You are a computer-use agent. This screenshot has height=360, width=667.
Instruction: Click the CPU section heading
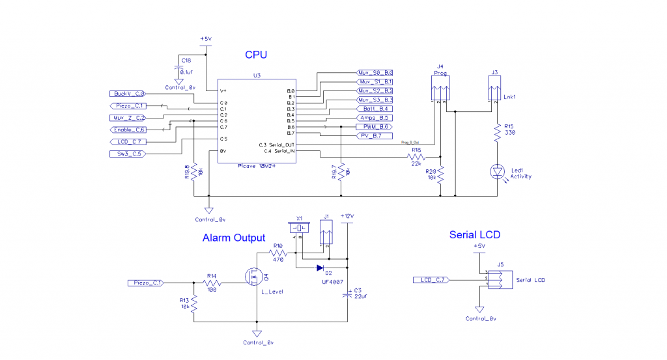pos(256,55)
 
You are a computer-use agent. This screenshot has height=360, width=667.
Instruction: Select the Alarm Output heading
pos(234,238)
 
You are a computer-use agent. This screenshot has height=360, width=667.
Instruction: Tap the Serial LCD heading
pos(475,235)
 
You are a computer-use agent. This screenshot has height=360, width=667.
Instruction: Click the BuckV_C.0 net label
pos(128,94)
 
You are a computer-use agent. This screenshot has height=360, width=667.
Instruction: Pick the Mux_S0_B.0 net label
pos(375,73)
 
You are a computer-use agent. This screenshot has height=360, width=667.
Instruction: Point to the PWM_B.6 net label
pos(373,126)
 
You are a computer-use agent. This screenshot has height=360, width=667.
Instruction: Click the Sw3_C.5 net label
pos(126,154)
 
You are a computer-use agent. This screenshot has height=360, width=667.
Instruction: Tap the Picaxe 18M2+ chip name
pos(257,166)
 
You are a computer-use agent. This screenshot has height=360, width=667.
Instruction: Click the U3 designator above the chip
pos(257,76)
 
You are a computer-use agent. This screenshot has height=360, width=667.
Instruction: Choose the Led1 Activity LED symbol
pos(497,171)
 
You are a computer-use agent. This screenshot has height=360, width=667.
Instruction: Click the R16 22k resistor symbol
pos(415,157)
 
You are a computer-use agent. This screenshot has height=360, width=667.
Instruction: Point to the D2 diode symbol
pos(320,268)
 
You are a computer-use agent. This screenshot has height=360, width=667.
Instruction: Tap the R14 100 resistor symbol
pos(212,283)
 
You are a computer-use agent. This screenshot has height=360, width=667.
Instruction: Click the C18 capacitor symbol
pos(178,68)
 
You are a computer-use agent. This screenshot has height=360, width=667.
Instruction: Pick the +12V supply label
pos(347,216)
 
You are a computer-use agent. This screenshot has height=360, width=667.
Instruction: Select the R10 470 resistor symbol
pos(277,252)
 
